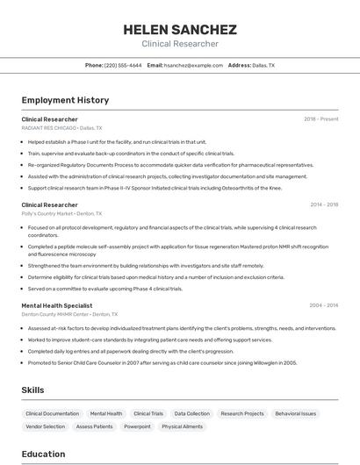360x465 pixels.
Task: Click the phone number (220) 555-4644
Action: click(123, 65)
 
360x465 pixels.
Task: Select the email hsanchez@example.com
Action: click(193, 65)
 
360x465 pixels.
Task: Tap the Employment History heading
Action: click(65, 100)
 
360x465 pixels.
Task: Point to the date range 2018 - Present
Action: click(320, 118)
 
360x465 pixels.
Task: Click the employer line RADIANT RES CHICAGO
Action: click(47, 127)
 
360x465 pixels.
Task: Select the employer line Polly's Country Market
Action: click(47, 213)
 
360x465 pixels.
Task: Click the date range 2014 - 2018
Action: click(324, 204)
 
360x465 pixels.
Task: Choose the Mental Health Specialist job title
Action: click(57, 304)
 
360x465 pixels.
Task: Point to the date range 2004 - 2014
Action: click(324, 304)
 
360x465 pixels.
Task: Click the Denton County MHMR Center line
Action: click(55, 313)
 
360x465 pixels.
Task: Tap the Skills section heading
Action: click(33, 390)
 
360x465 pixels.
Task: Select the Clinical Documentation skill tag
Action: click(52, 413)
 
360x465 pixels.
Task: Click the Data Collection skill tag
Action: click(191, 413)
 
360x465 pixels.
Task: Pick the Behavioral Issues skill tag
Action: click(295, 413)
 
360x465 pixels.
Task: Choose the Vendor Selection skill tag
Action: click(46, 426)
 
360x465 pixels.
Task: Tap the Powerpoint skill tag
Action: click(137, 426)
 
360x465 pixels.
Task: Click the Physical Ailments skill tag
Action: click(182, 426)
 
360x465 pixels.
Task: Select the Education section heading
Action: click(44, 454)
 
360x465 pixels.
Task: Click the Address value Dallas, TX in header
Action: click(263, 65)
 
